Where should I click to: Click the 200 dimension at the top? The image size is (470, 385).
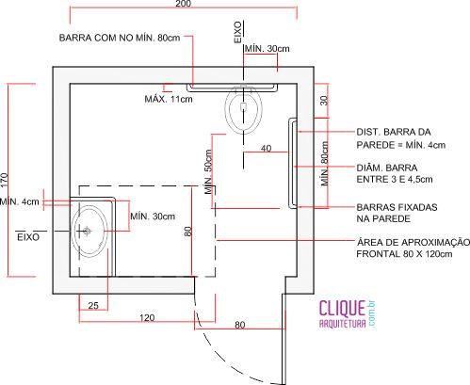(x=183, y=4)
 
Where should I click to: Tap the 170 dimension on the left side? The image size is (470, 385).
(x=5, y=181)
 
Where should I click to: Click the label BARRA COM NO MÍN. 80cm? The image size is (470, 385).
(x=120, y=38)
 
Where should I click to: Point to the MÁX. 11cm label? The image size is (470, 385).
(x=169, y=99)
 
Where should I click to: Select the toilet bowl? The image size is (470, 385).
(x=243, y=109)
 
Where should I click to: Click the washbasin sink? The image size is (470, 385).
(x=89, y=232)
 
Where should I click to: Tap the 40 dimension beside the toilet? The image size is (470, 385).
(x=266, y=148)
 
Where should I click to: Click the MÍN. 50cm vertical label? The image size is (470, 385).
(x=208, y=171)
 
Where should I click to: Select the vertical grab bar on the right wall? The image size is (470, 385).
(x=292, y=163)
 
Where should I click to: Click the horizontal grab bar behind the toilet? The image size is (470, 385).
(x=232, y=88)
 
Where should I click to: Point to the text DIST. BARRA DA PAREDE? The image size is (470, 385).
(x=400, y=138)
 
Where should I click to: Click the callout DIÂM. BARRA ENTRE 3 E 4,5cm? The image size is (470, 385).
(x=395, y=173)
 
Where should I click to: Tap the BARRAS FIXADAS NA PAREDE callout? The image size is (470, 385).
(x=397, y=213)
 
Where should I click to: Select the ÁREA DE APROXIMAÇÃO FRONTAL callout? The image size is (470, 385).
(x=413, y=248)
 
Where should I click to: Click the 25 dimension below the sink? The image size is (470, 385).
(x=93, y=305)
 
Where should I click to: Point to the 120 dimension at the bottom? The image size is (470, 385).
(x=147, y=317)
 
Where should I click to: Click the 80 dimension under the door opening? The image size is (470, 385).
(x=239, y=325)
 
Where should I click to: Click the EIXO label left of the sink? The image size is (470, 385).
(x=28, y=237)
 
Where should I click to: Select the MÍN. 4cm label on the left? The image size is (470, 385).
(x=20, y=201)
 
